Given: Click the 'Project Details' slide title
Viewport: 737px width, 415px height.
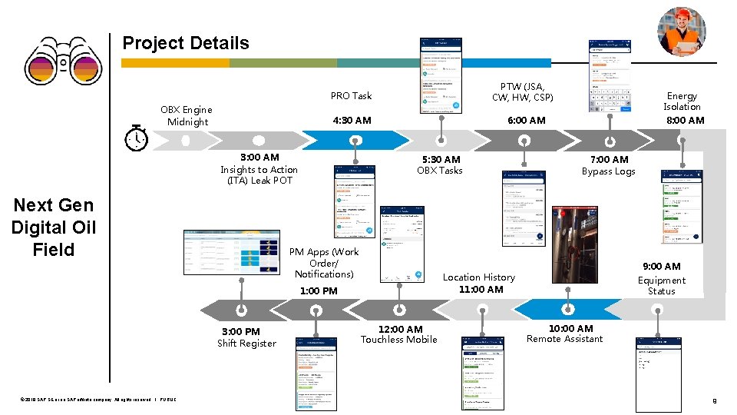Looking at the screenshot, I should (186, 43).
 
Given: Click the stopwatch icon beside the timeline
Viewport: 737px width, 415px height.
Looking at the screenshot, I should (136, 138).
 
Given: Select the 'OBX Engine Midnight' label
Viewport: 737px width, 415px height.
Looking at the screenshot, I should (187, 115).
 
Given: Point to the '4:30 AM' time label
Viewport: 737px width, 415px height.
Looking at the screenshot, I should (352, 120).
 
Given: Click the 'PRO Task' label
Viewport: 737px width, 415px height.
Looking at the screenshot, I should (351, 96).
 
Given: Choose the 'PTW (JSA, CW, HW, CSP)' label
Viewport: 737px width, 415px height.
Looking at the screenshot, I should (522, 91).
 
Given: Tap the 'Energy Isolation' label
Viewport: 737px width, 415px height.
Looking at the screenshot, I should (682, 101).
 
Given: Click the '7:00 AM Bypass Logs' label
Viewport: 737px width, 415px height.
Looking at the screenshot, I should (608, 165).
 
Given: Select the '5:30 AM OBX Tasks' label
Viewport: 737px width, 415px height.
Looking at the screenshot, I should (440, 164).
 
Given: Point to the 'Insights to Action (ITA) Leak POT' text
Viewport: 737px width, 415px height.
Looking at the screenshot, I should (259, 174).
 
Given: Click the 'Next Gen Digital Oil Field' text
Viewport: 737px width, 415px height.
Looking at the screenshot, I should (54, 227).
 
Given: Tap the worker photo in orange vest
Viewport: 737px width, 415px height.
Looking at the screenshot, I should (681, 32).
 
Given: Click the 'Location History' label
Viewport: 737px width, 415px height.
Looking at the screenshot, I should (479, 277).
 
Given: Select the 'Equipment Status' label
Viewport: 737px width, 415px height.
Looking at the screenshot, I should (661, 285).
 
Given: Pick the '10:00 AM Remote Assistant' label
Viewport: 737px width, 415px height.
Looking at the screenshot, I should (565, 334).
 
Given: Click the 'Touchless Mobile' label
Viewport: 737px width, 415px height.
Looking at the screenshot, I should (399, 340).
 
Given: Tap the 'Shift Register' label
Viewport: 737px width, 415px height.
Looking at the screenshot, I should (246, 344).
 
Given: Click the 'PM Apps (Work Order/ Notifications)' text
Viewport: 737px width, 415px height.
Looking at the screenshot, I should (324, 263).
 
